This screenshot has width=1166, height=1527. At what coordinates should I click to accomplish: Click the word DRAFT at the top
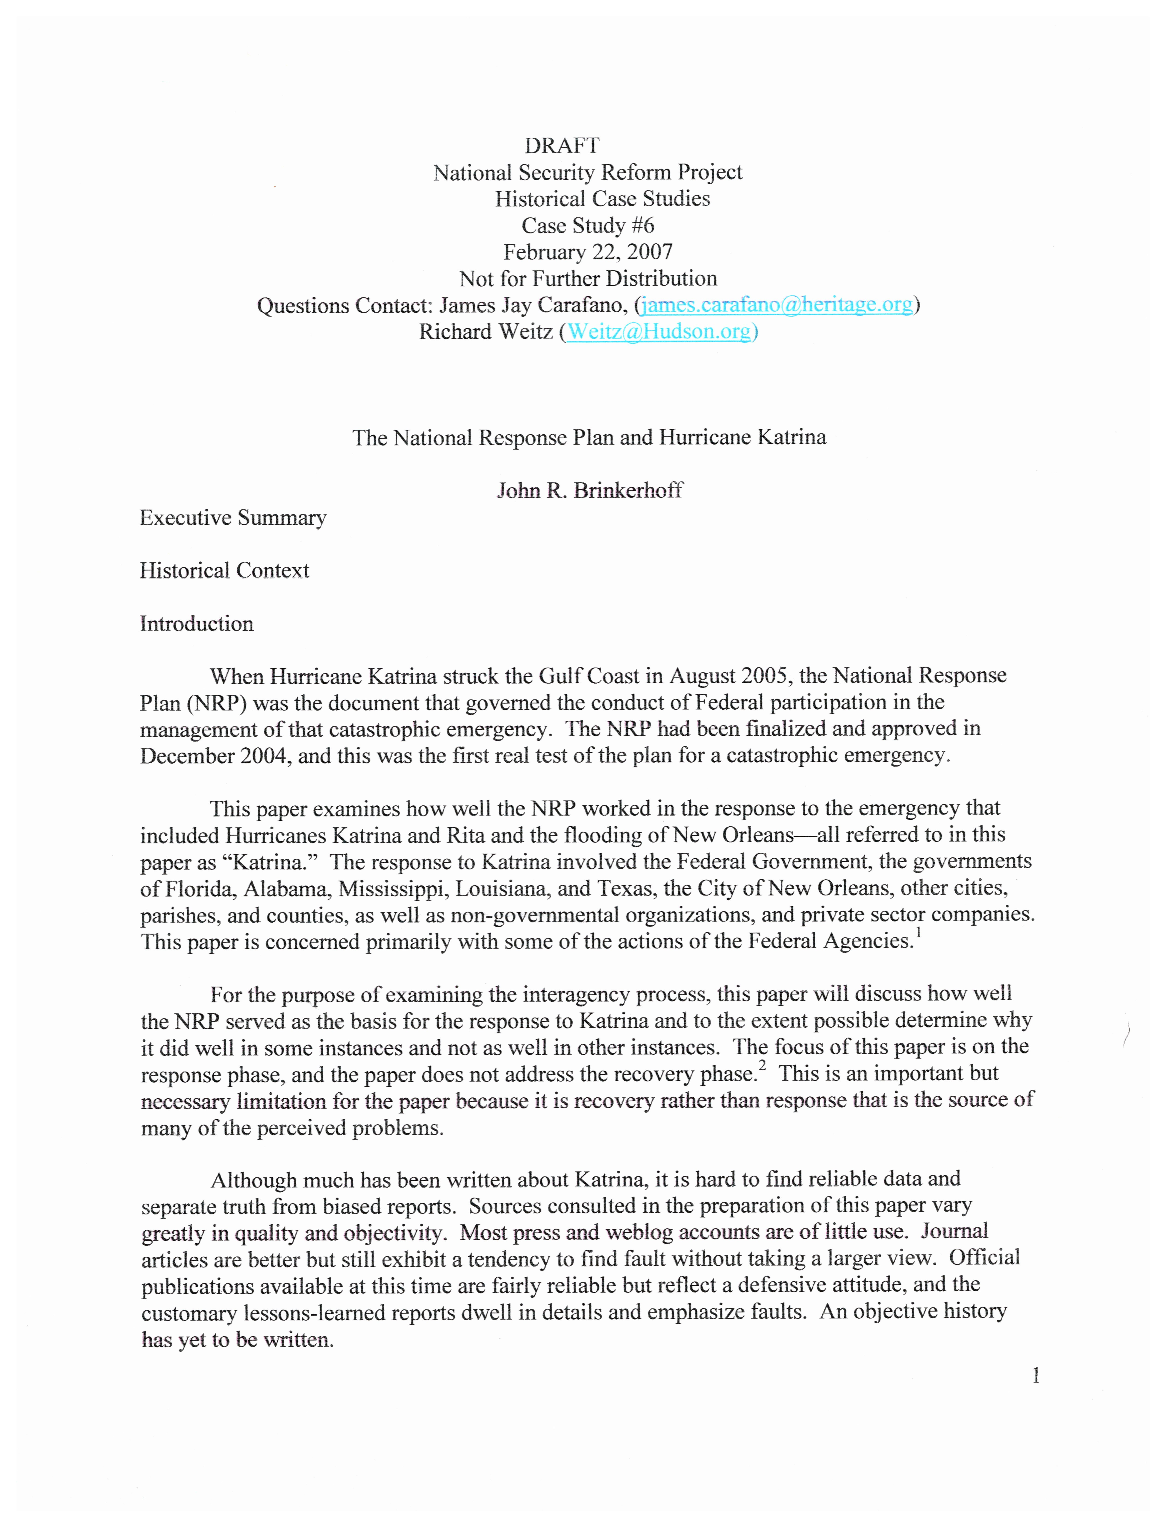point(562,146)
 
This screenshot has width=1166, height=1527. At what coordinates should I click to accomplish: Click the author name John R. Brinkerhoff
point(589,491)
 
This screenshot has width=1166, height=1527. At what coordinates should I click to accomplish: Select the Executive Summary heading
point(233,518)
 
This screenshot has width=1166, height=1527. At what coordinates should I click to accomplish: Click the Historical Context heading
point(224,570)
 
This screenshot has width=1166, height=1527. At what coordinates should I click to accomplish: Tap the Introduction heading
point(196,624)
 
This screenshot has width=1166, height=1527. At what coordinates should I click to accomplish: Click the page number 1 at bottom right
point(1036,1376)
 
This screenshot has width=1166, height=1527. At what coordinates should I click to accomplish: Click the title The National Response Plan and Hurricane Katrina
point(589,438)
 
